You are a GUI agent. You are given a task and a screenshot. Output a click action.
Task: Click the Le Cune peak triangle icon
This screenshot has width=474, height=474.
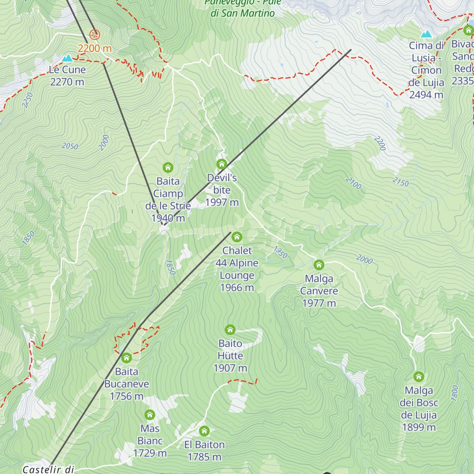click(68, 58)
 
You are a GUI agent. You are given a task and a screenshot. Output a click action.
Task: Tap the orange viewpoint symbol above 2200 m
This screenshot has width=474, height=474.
click(94, 35)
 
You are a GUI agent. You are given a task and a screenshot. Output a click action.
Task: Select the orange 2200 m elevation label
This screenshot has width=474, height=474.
click(94, 48)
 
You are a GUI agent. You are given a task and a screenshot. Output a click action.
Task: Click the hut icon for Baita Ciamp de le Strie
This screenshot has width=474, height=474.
click(168, 167)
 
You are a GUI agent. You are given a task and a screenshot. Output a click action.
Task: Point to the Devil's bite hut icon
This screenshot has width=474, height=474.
click(222, 164)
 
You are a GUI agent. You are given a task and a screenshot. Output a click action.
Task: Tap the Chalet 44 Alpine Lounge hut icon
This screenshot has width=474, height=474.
click(237, 237)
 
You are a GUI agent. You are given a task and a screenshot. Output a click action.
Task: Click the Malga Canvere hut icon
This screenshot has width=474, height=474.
click(319, 265)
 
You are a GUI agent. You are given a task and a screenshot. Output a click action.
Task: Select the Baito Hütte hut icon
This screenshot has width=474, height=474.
click(230, 330)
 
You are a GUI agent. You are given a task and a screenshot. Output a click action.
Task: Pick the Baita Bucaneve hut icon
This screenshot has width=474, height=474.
click(126, 358)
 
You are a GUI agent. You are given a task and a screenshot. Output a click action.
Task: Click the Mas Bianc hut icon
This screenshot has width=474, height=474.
click(150, 415)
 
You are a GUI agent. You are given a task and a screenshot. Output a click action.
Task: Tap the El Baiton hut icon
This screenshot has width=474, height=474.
click(204, 431)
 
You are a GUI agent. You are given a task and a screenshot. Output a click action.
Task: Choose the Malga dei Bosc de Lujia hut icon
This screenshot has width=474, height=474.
click(419, 377)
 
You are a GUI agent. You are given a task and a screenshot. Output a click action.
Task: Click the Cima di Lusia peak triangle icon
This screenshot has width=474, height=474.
click(426, 34)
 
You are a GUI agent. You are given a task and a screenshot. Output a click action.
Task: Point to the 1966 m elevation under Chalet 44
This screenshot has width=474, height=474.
click(237, 288)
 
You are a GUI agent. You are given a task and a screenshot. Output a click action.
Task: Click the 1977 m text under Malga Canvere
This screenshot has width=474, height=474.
click(319, 303)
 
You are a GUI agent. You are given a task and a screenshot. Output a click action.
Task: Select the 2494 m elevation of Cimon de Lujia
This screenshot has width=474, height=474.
click(426, 95)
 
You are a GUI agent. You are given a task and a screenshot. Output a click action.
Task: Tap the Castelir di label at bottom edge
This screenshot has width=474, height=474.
click(48, 469)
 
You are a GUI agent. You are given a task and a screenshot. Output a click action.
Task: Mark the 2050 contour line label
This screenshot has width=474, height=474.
click(70, 146)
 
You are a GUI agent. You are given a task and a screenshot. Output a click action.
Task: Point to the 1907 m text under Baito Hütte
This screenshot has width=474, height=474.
click(230, 368)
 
